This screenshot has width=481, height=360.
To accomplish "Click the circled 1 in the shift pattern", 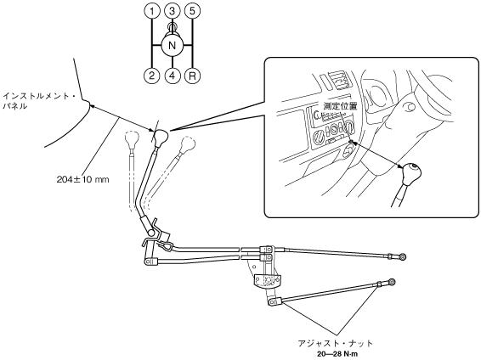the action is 152,11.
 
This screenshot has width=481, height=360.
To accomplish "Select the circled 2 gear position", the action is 152,76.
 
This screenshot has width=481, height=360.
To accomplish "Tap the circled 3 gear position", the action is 173,11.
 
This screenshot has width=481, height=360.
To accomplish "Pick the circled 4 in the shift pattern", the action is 173,76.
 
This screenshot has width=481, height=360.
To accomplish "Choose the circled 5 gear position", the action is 192,11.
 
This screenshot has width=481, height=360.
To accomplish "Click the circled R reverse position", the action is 192,76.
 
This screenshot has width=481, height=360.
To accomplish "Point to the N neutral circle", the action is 173,46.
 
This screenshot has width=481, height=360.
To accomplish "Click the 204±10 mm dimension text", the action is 82,179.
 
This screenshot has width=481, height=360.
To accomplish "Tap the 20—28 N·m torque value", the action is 337,354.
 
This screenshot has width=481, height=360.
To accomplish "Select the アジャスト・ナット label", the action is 336,343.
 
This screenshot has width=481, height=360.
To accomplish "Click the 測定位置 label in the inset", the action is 341,106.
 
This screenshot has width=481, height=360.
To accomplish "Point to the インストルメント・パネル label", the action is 39,101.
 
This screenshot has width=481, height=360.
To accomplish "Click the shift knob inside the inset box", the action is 411,174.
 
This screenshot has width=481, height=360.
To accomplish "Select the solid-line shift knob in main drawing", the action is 161,137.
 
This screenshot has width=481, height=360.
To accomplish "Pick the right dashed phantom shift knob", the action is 188,143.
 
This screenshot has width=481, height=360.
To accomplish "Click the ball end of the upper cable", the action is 403,256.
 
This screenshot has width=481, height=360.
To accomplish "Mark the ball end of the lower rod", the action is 391,282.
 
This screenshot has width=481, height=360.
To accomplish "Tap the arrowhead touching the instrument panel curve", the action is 92,105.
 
